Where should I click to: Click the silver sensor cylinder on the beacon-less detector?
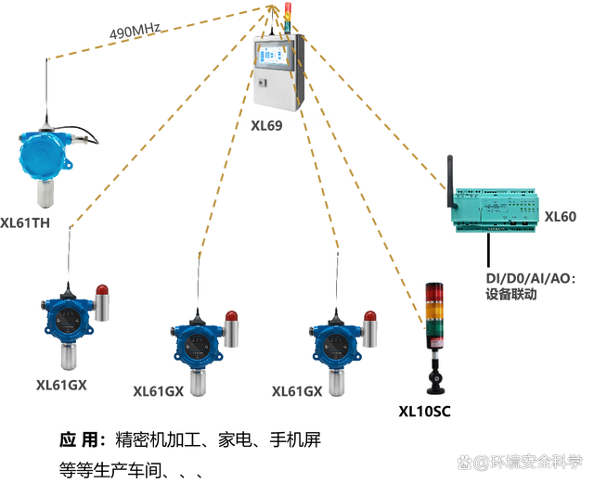point(43,193)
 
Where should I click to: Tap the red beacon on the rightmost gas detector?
point(370,326)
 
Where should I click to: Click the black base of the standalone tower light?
point(434,379)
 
